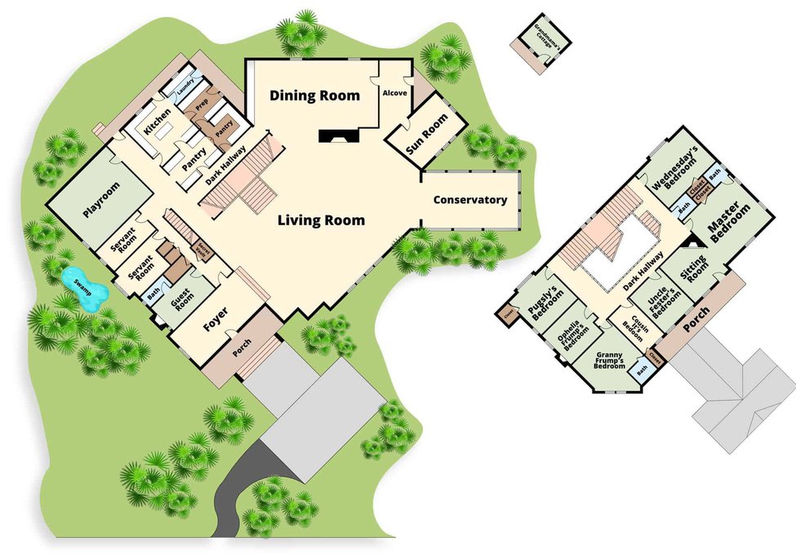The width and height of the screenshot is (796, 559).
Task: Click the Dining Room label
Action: (x=314, y=96)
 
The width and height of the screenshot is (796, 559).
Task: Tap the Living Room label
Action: (x=321, y=220)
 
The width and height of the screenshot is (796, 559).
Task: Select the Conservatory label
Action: (x=470, y=200)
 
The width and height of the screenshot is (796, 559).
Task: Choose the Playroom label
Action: (x=100, y=200)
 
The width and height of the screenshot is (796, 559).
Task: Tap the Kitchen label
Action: (x=156, y=122)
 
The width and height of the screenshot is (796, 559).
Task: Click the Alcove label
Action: (x=394, y=93)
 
